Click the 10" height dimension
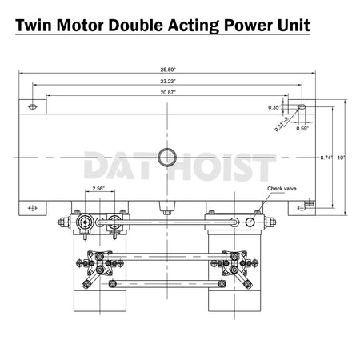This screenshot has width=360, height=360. [x=341, y=158]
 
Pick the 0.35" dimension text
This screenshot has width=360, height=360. [x=274, y=106]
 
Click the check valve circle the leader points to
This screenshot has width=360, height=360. [x=250, y=222]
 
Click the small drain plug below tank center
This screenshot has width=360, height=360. [x=168, y=211]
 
